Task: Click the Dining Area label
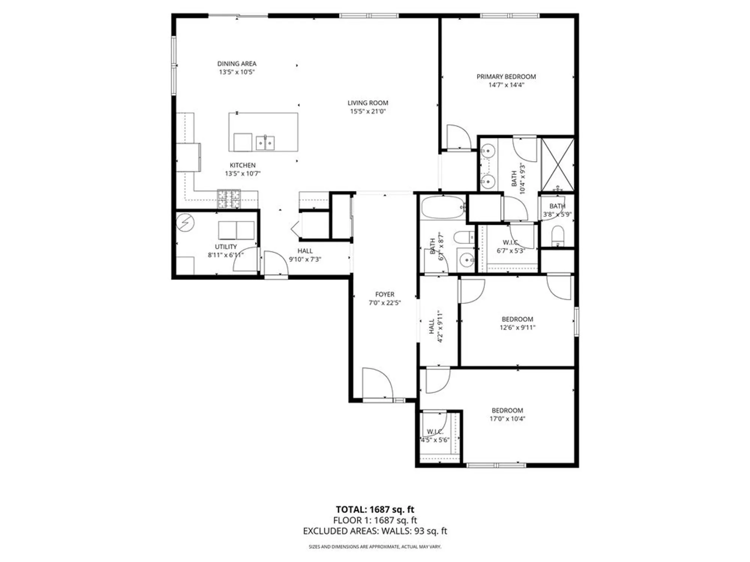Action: (237, 64)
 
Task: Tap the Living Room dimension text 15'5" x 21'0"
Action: (367, 111)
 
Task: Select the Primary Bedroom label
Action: (506, 76)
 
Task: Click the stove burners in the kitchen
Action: (229, 199)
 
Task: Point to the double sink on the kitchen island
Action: (265, 143)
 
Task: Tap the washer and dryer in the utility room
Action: (236, 230)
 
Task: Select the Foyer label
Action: (384, 294)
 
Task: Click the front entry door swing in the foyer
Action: (377, 384)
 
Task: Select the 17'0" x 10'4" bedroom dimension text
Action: (507, 419)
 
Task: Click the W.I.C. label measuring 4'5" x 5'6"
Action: (435, 432)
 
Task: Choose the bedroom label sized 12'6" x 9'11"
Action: (517, 319)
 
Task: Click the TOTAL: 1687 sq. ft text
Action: (375, 510)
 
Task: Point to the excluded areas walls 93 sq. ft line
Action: (375, 531)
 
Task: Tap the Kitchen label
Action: (243, 165)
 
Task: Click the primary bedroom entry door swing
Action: (458, 138)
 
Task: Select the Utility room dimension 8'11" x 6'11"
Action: (226, 255)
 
